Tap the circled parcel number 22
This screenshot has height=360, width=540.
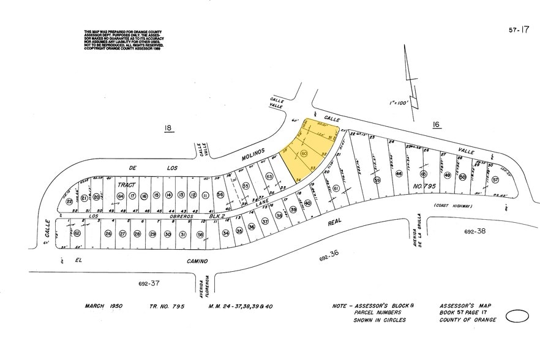69,200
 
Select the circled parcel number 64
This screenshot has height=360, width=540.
120,196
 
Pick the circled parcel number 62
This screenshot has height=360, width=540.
77,233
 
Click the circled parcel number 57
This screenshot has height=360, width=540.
495,181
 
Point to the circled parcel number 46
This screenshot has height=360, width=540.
399,174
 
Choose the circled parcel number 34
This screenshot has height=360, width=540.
225,233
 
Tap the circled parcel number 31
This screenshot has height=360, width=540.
182,234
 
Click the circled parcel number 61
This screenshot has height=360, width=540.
336,189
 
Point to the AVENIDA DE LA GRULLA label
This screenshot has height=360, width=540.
419,227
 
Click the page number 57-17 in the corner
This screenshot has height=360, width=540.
518,29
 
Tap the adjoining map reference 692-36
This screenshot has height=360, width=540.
328,259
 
